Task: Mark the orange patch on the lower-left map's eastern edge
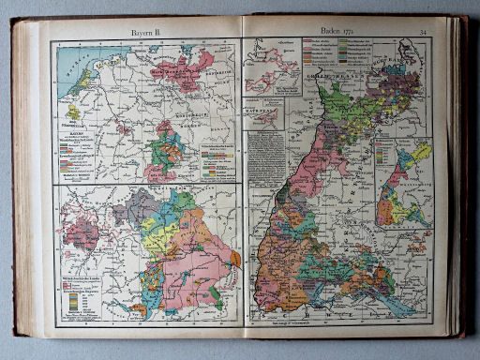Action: pyautogui.click(x=234, y=258)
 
